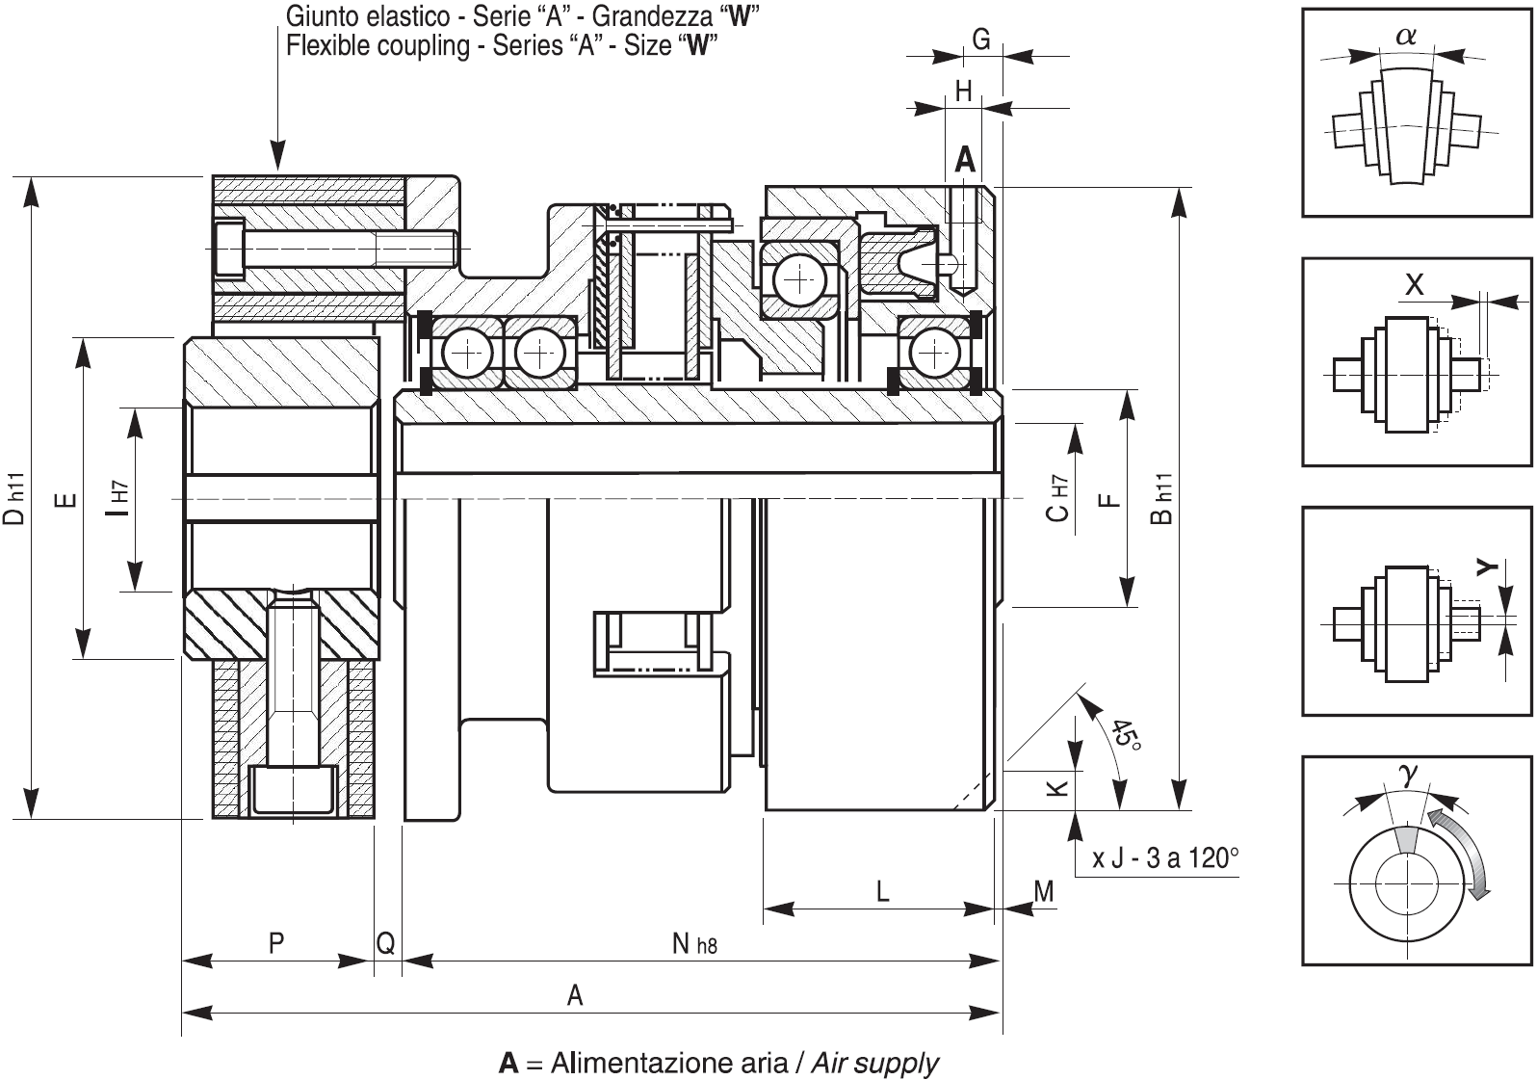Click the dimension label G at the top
[981, 40]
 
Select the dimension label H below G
[964, 92]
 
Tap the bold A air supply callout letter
[965, 160]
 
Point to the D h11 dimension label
[14, 498]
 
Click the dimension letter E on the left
[65, 499]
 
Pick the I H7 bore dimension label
[117, 498]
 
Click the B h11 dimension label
[1161, 498]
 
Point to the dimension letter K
[1058, 787]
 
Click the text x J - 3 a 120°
[1165, 858]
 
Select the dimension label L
[883, 891]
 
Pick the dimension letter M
[1044, 891]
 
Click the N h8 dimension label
[694, 944]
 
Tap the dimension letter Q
[385, 943]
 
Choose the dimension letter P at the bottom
[275, 943]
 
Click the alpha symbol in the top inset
[1406, 36]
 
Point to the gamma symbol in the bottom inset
[1408, 774]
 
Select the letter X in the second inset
[1414, 284]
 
